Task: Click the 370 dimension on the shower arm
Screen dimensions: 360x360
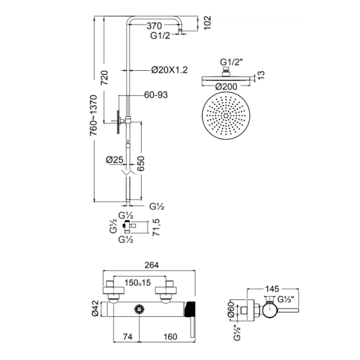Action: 154,26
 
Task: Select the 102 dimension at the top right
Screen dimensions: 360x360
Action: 208,23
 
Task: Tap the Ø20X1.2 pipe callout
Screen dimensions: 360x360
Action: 169,70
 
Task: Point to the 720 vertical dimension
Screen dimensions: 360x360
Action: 104,77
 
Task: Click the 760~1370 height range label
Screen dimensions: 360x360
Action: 94,115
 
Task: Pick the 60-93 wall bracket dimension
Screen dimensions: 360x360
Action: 156,95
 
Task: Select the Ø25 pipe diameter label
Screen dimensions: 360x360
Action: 115,160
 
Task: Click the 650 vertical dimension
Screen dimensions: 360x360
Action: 141,163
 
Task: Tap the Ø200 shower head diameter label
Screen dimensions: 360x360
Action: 226,87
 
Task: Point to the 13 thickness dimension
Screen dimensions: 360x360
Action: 261,75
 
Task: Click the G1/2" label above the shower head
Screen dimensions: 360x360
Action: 232,62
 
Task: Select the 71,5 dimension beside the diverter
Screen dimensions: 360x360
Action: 156,227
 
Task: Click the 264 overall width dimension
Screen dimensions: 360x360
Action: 152,265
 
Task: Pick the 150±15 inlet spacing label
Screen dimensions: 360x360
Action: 137,283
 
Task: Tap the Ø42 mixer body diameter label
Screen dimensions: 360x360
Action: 95,308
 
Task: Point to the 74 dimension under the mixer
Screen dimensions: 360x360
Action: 128,337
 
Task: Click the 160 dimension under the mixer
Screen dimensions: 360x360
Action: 170,337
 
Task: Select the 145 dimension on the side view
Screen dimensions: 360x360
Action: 272,289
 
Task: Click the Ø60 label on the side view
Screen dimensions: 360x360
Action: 232,310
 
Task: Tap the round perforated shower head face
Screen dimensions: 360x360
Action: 226,115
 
